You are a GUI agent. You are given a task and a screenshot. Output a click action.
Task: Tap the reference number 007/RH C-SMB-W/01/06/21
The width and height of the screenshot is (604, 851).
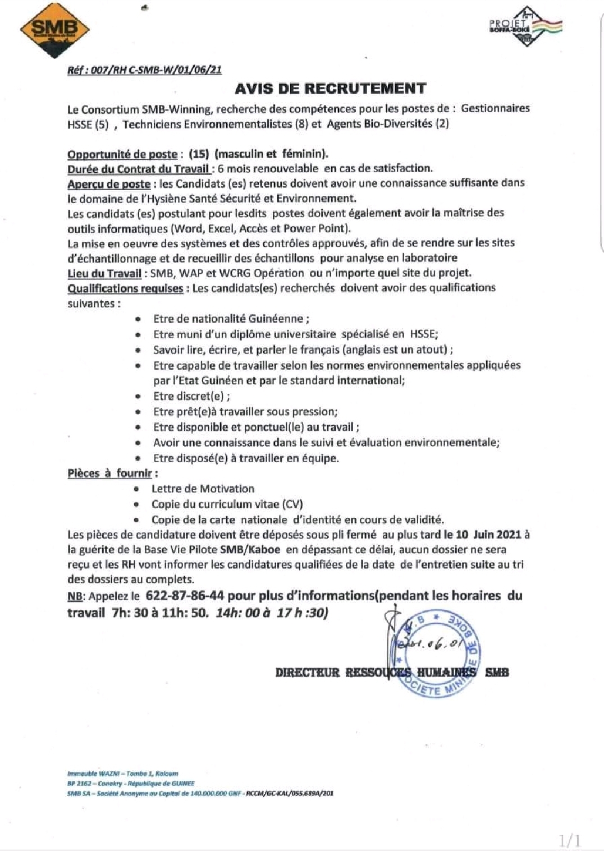click(x=144, y=70)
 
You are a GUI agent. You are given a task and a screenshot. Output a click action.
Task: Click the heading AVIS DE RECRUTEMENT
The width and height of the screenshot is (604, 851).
click(x=331, y=89)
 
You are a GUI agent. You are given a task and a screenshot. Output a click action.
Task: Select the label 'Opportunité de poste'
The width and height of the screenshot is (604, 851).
click(x=122, y=154)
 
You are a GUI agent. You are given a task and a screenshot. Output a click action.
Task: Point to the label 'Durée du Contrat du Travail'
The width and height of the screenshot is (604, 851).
click(x=139, y=169)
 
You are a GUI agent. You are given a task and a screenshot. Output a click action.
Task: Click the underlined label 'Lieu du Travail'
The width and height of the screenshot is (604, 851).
click(x=104, y=273)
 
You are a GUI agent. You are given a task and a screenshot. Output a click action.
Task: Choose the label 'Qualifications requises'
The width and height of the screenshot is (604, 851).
click(x=125, y=288)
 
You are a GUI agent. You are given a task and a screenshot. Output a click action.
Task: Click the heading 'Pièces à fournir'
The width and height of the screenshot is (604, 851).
click(x=110, y=473)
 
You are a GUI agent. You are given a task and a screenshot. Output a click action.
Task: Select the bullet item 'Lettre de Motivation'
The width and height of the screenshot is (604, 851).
click(x=203, y=489)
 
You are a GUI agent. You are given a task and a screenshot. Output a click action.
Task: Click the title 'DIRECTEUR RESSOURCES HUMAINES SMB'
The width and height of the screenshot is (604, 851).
click(x=392, y=672)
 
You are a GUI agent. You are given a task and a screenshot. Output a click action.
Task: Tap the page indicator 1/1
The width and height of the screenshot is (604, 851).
click(x=570, y=840)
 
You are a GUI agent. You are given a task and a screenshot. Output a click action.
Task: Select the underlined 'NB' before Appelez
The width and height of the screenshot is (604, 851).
click(x=75, y=596)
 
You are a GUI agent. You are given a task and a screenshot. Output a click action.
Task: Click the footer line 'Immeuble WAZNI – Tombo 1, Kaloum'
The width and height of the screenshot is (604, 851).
click(x=123, y=773)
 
